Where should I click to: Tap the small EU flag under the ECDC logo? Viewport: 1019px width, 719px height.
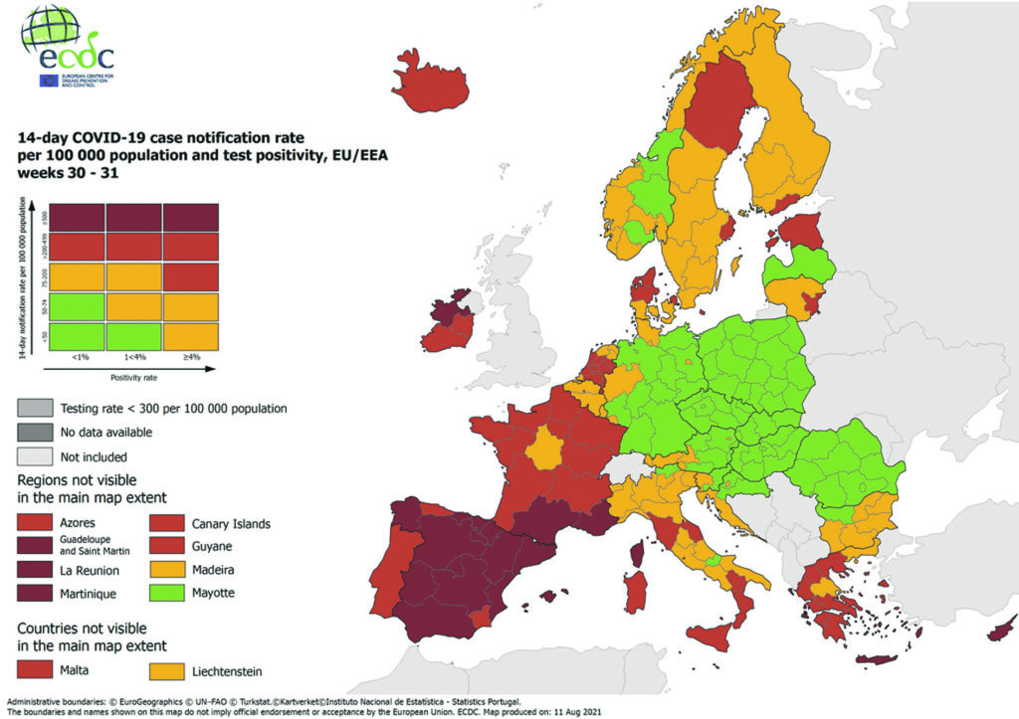click(48, 81)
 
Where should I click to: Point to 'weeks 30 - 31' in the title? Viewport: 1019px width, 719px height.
click(59, 172)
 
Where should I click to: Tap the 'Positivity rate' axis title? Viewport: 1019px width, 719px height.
click(132, 377)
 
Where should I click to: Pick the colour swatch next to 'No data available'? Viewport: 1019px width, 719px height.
click(33, 432)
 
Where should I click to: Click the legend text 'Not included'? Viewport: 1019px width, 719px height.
click(94, 456)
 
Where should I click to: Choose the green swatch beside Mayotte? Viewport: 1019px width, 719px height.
click(166, 594)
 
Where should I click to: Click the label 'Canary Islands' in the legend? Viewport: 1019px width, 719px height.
click(230, 523)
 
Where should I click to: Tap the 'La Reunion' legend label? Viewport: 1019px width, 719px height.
click(90, 571)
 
